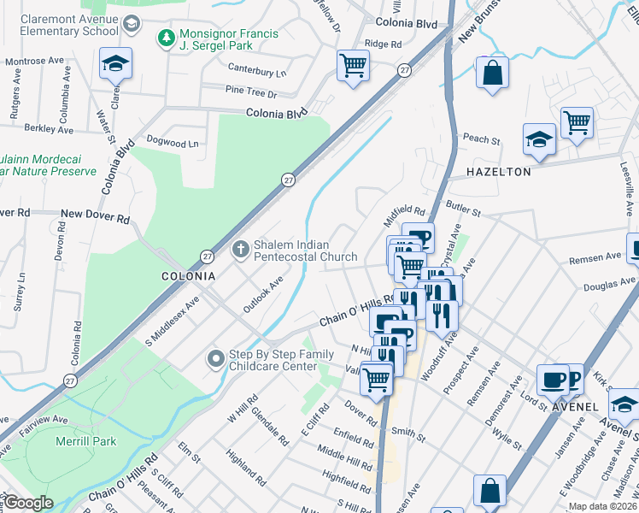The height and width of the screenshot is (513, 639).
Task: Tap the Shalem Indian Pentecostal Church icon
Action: pos(241,249)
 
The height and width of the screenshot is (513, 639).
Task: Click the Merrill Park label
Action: pos(85,439)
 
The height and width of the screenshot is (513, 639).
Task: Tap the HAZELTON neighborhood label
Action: pos(499,172)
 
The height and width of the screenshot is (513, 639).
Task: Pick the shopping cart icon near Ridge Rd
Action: pos(353,65)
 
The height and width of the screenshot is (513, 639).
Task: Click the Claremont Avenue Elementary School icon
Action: pos(131,24)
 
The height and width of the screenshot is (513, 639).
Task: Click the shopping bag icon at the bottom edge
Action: pos(490,491)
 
